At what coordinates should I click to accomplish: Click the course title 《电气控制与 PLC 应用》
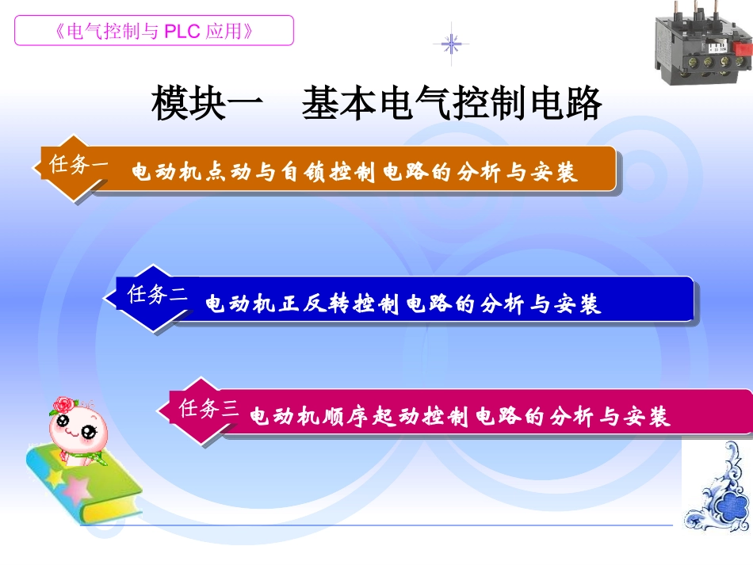(155, 31)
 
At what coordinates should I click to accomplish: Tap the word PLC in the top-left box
(185, 31)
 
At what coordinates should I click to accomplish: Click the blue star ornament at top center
(451, 44)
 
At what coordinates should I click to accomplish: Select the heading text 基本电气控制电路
(452, 105)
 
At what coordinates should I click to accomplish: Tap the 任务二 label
(157, 296)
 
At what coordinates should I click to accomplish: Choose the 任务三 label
(208, 409)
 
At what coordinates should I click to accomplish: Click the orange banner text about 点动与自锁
(354, 173)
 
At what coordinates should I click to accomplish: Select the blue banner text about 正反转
(403, 303)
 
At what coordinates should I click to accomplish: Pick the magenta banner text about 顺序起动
(460, 417)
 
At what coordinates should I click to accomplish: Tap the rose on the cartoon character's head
(63, 406)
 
